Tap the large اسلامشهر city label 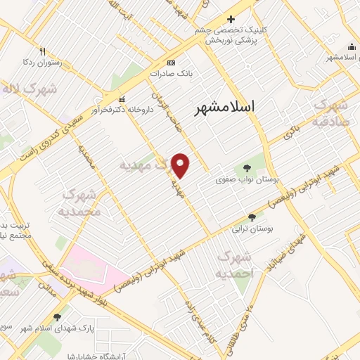tap(225, 106)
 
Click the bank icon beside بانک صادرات tap(172, 62)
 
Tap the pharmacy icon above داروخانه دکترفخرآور tap(122, 98)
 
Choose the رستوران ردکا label tap(41, 62)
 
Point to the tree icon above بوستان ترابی tap(252, 218)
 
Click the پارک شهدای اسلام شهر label tap(56, 328)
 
